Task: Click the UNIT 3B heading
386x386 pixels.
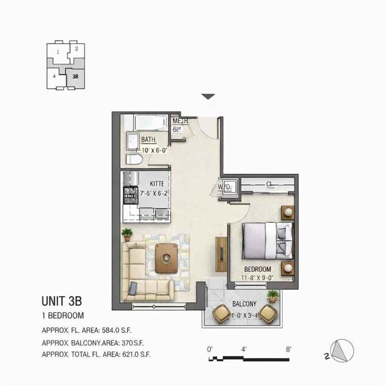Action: [x=61, y=301]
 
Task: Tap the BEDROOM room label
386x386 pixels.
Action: [x=258, y=269]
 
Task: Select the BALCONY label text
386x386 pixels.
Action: [x=244, y=304]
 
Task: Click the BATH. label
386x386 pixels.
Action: [x=149, y=140]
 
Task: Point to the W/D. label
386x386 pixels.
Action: [x=225, y=187]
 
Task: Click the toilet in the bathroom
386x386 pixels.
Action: [x=134, y=159]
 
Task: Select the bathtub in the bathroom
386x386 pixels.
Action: [x=150, y=123]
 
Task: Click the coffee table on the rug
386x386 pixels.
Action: [x=167, y=258]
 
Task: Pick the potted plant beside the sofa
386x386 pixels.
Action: [x=127, y=234]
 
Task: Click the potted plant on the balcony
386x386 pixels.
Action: [x=273, y=296]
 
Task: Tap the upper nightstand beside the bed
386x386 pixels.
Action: [x=288, y=212]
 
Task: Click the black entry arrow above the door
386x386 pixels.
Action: [x=208, y=97]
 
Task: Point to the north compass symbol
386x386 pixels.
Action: [x=342, y=350]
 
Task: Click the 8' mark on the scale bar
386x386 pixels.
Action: [x=289, y=349]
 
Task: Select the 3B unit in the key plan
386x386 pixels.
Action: [x=75, y=77]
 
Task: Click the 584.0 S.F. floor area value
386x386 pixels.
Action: [x=113, y=331]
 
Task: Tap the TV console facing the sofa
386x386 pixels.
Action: [x=220, y=254]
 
